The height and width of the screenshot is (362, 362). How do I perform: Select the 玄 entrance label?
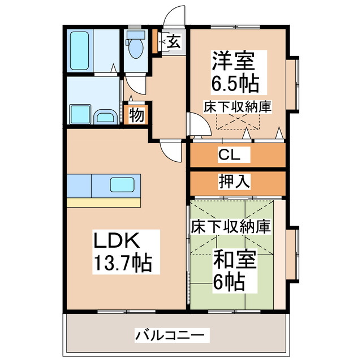tap(174, 42)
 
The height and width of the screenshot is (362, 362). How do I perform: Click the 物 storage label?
tap(136, 114)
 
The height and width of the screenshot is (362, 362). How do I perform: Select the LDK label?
tap(116, 240)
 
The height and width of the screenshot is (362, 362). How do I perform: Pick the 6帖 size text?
tap(229, 281)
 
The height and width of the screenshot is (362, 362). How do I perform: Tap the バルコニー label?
tap(169, 335)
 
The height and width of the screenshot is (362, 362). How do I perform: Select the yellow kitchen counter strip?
tap(103, 202)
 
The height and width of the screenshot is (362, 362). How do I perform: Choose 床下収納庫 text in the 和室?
tap(230, 226)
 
